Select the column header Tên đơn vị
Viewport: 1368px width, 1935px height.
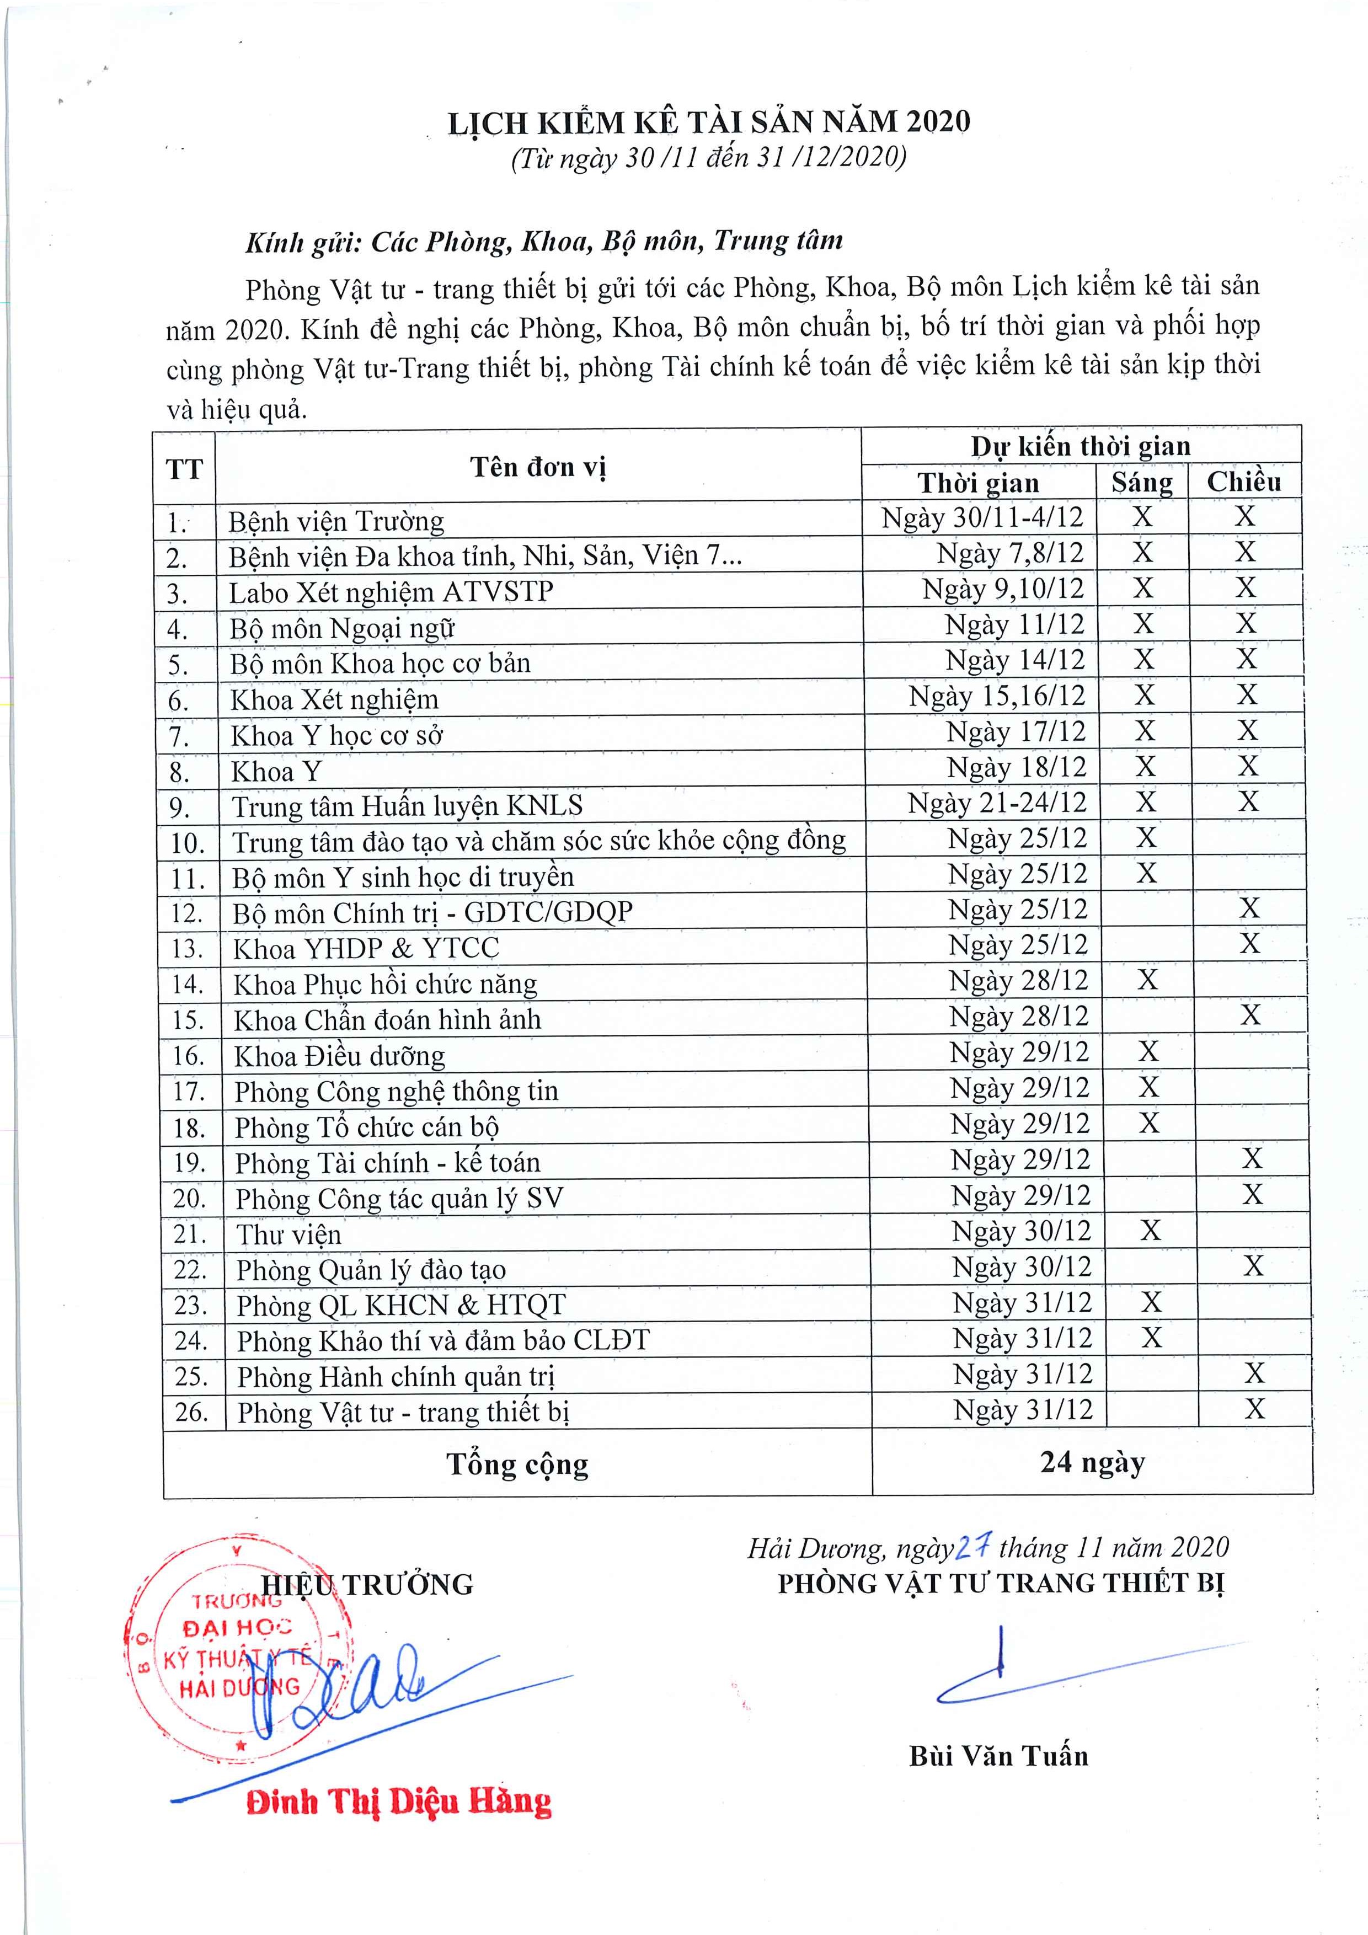[538, 467]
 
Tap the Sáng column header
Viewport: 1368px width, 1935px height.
[1141, 482]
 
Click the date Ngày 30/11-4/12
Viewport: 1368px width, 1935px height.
[982, 517]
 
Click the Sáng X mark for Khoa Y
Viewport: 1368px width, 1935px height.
[1145, 766]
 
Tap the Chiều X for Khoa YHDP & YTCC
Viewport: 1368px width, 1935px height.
[1249, 943]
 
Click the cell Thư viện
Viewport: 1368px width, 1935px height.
[289, 1234]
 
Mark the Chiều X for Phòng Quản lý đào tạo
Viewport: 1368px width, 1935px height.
[1253, 1266]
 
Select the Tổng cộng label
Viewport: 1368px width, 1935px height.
[517, 1464]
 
